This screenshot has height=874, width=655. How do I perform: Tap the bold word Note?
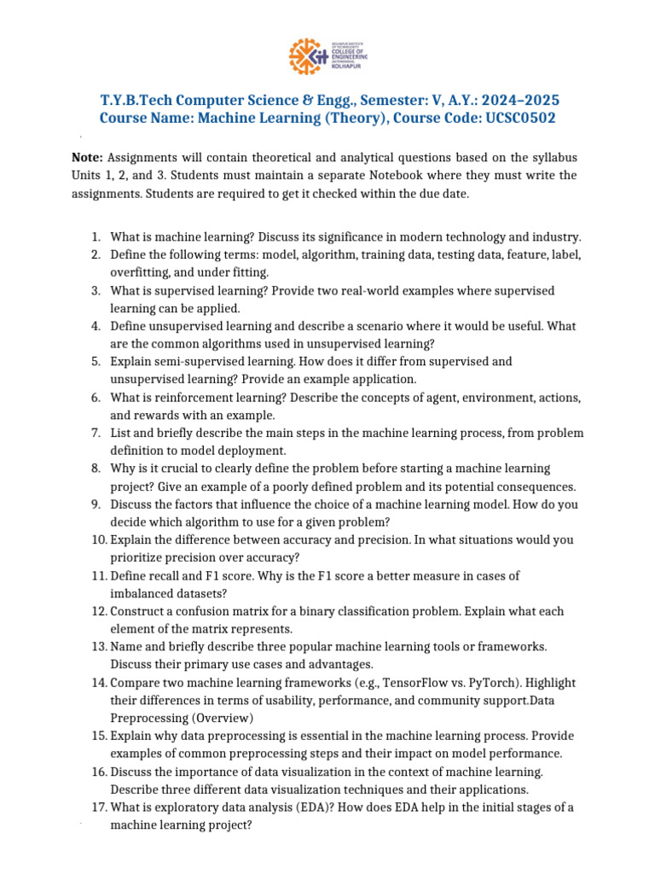(x=87, y=158)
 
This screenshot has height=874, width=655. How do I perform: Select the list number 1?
(x=96, y=236)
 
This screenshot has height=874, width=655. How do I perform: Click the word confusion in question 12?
(x=200, y=611)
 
